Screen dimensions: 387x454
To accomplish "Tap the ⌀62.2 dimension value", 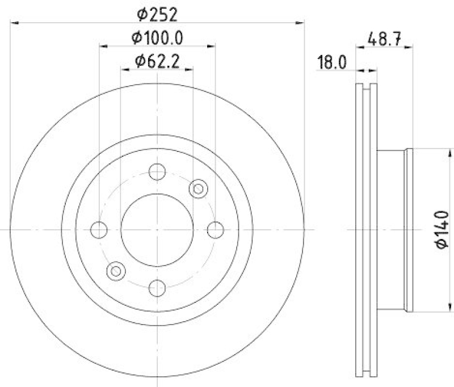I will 157,61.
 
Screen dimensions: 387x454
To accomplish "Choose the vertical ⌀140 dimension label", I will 442,229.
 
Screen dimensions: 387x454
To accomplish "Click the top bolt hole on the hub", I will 157,171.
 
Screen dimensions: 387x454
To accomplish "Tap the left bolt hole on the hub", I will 99,229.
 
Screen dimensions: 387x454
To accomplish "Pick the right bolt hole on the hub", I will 215,229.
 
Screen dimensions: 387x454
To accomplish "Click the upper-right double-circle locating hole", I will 198,188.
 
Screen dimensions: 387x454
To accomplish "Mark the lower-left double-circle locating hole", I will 116,270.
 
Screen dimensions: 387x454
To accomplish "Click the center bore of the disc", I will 157,229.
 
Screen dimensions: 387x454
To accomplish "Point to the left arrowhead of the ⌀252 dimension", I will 15,23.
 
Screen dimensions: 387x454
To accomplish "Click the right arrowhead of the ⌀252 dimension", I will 300,23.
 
